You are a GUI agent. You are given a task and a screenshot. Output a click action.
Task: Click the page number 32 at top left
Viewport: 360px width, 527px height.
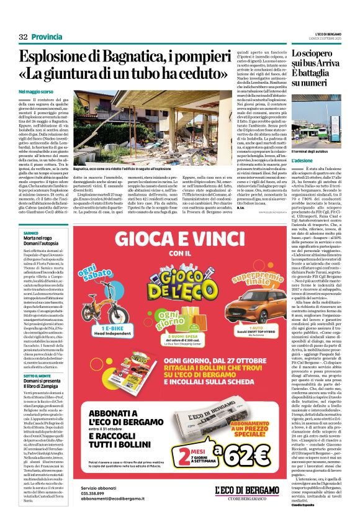(24, 37)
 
